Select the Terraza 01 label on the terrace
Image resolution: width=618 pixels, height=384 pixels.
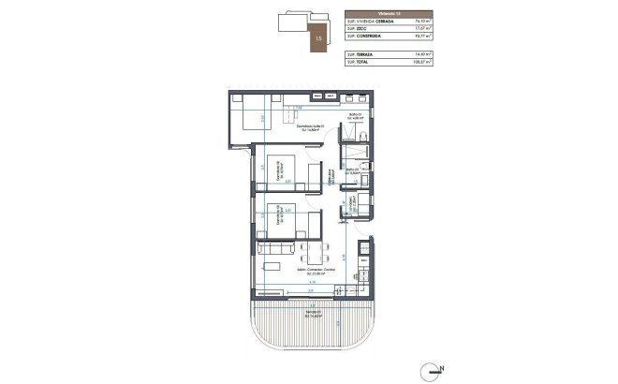(x=315, y=313)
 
